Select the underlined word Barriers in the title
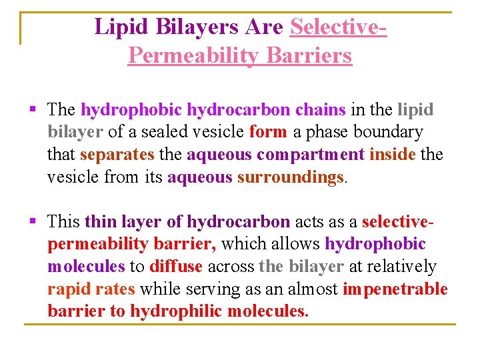pyautogui.click(x=309, y=55)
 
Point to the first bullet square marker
pyautogui.click(x=33, y=109)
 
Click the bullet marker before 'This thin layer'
pyautogui.click(x=33, y=221)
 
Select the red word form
pyautogui.click(x=267, y=132)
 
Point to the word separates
pyautogui.click(x=117, y=155)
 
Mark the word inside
pyautogui.click(x=392, y=155)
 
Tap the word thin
pyautogui.click(x=101, y=221)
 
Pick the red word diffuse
pyautogui.click(x=176, y=267)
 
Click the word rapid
pyautogui.click(x=68, y=289)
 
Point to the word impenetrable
pyautogui.click(x=395, y=289)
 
